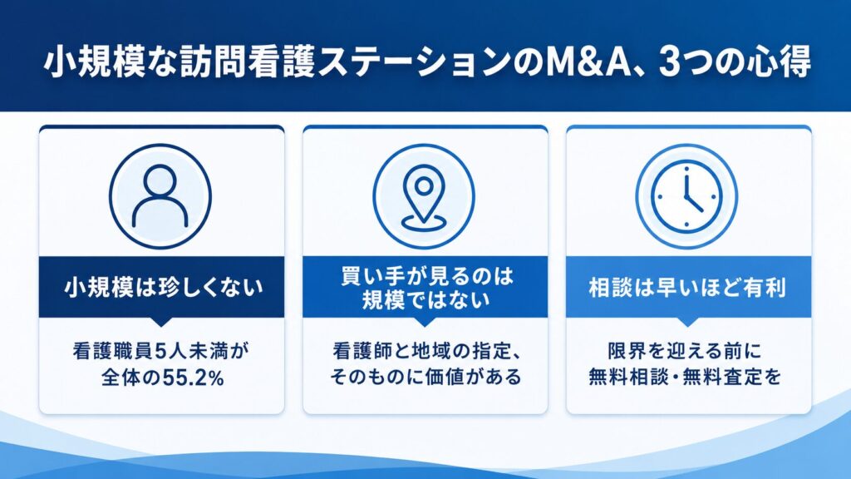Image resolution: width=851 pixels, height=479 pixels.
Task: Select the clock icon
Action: coord(686,196)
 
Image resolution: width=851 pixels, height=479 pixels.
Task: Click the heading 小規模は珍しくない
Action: coord(162,287)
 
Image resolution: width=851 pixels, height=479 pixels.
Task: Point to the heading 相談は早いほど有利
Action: coord(687,287)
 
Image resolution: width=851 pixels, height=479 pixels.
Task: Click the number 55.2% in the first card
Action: coord(193,378)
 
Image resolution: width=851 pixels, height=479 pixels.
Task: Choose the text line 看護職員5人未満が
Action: coord(161,351)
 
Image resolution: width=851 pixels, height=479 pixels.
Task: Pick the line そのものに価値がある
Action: coord(425,377)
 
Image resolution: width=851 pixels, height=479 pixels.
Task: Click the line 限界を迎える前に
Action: coord(685,351)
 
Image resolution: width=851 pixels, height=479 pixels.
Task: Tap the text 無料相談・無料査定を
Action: coord(685,377)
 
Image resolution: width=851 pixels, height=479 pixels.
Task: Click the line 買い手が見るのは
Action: coord(426,275)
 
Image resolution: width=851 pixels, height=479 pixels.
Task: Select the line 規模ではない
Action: coord(425,299)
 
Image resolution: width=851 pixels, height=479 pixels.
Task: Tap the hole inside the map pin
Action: coord(423,186)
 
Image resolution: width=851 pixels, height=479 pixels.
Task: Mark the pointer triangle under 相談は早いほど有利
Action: coord(687,322)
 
